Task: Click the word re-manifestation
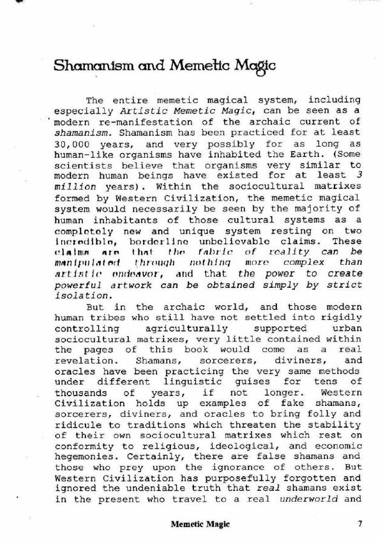[x=119, y=122]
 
